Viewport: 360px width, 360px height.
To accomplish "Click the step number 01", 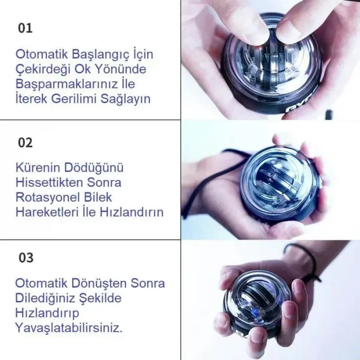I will coord(25,28).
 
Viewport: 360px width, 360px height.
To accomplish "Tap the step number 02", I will coord(25,142).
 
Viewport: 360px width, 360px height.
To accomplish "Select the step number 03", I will coord(26,257).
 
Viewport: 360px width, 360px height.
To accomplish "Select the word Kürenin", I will coord(38,168).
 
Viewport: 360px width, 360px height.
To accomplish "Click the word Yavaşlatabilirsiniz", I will coord(69,328).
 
